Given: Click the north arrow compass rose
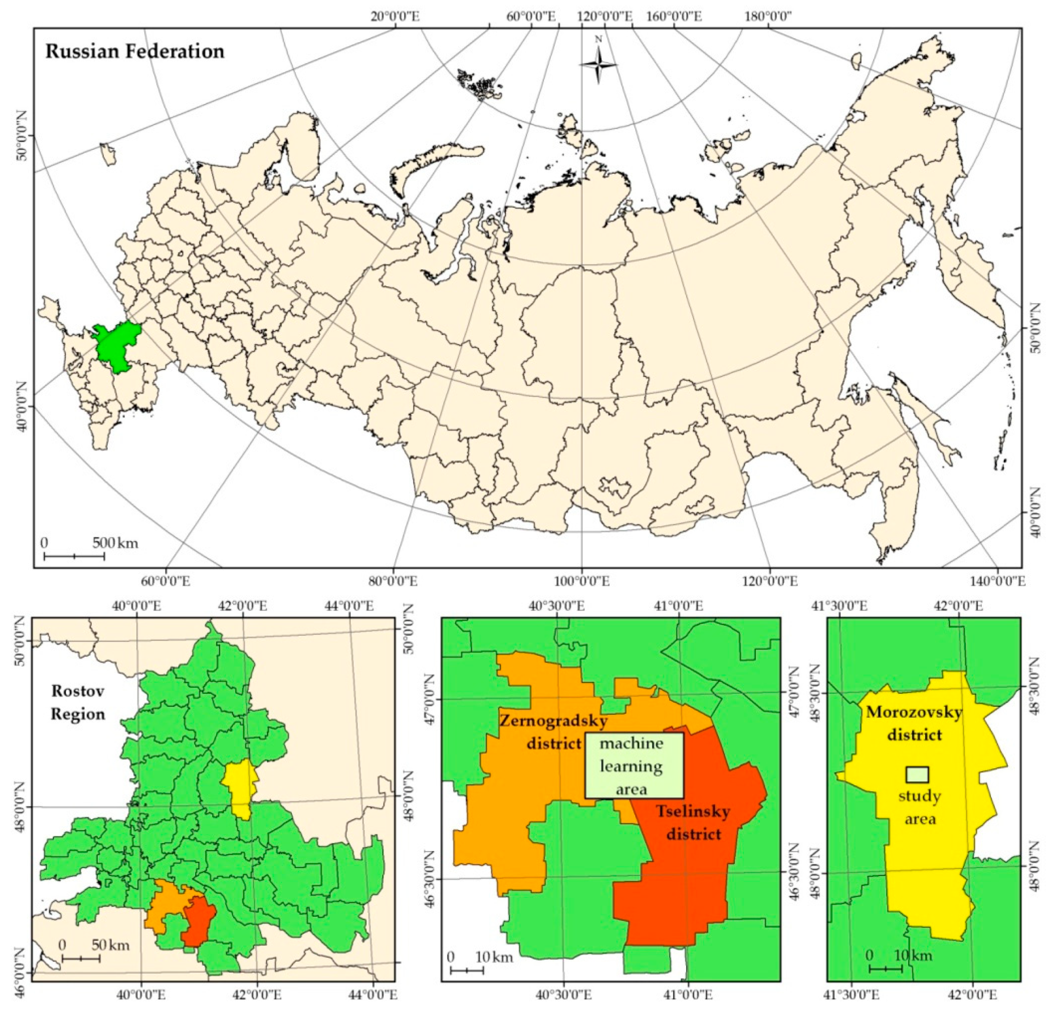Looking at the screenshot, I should (x=598, y=64).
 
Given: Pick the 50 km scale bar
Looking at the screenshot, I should (x=81, y=958).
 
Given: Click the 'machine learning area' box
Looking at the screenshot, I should (x=634, y=765).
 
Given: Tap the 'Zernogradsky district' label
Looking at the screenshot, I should (x=554, y=732).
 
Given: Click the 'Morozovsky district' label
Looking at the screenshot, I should (x=914, y=724).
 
